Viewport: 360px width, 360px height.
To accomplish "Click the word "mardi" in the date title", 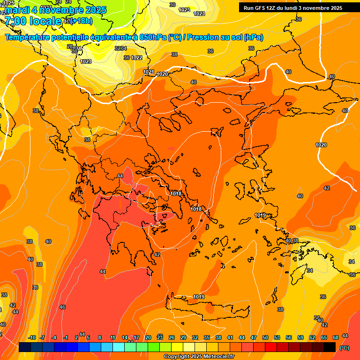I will click(17, 10).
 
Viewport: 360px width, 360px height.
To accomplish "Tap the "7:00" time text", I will click(15, 21).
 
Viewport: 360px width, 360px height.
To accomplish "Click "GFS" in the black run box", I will click(260, 8).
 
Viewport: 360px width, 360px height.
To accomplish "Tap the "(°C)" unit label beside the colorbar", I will click(345, 348).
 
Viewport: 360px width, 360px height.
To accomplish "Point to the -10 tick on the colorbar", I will click(32, 338).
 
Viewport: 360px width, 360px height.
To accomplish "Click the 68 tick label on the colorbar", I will click(336, 338).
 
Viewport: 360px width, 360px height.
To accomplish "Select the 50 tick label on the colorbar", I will click(265, 338).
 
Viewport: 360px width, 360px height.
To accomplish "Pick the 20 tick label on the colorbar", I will click(148, 338).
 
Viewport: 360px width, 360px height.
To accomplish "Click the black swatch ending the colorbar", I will click(330, 347).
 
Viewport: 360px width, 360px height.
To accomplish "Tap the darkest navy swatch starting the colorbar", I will click(25, 347).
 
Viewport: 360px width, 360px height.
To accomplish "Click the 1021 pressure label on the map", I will click(149, 72).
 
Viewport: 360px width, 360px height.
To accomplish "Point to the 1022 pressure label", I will click(136, 58).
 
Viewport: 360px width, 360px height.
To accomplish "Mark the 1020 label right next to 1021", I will click(162, 74).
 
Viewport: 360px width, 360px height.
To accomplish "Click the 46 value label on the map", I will click(62, 307).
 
